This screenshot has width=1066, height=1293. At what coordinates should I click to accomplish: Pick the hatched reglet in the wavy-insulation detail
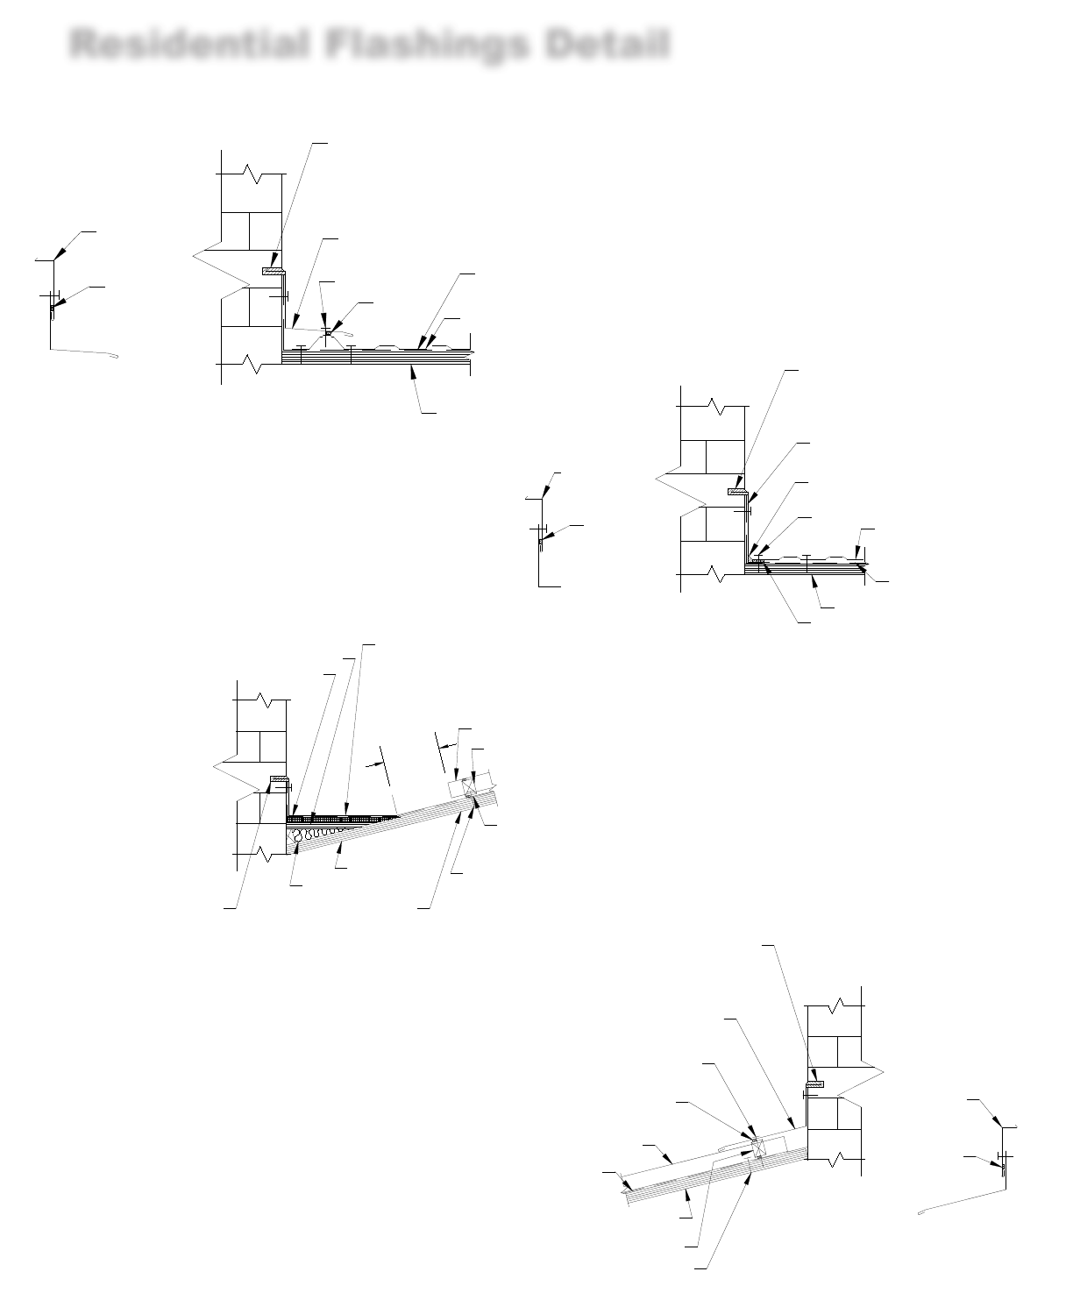(x=279, y=780)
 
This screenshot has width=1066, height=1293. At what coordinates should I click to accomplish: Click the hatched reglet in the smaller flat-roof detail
(x=736, y=492)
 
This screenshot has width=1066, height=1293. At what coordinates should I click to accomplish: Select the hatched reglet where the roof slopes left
(x=815, y=1084)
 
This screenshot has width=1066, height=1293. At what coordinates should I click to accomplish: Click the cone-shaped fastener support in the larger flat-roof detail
(x=329, y=334)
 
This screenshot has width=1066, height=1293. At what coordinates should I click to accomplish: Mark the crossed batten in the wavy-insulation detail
(x=470, y=787)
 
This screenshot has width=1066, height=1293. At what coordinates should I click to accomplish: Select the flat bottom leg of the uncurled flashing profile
(x=550, y=585)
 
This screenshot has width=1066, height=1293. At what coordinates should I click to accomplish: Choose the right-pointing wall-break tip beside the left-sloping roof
(x=883, y=1072)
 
